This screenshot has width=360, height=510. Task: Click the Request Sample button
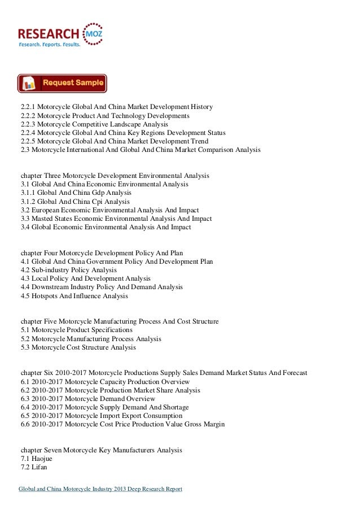[x=62, y=83]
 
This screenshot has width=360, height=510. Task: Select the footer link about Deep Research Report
[x=100, y=489]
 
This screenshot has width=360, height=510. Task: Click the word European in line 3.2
[x=50, y=210]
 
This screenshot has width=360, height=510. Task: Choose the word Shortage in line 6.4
[x=174, y=407]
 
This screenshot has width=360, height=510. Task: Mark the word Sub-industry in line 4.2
[x=55, y=270]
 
